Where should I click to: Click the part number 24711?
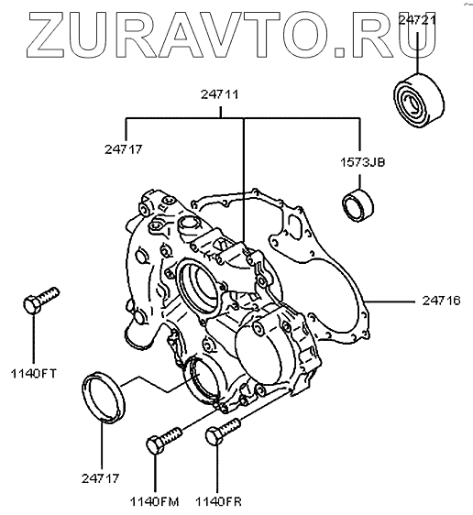220,94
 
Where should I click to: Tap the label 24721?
417,20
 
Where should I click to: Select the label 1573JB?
362,162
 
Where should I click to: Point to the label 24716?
442,301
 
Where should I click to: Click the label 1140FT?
34,374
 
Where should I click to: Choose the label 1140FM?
154,501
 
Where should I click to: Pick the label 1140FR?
218,501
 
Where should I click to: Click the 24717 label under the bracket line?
124,149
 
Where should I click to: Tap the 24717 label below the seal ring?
100,478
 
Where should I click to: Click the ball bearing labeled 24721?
419,100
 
